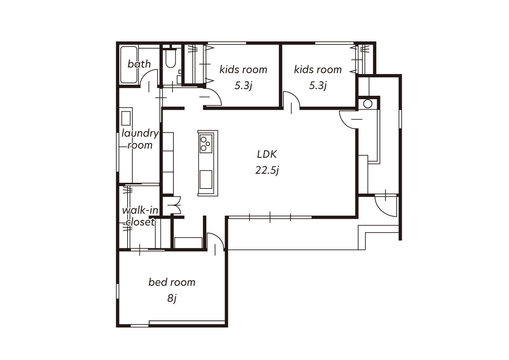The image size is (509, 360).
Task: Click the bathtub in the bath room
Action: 129,65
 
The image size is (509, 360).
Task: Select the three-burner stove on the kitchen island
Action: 206,144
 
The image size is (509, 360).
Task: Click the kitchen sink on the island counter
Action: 206,179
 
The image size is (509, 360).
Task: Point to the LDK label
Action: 267,155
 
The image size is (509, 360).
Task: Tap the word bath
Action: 139,64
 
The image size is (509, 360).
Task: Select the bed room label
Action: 172,282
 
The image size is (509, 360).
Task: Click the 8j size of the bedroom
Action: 172,298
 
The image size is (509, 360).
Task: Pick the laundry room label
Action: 140,139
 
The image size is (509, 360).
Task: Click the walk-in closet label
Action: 140,216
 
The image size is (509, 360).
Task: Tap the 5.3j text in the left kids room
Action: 243,86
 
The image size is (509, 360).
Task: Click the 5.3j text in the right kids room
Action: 318,86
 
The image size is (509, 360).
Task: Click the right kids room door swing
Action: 295,96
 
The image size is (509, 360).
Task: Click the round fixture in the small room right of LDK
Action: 367,104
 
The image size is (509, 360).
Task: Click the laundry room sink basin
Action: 126,118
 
